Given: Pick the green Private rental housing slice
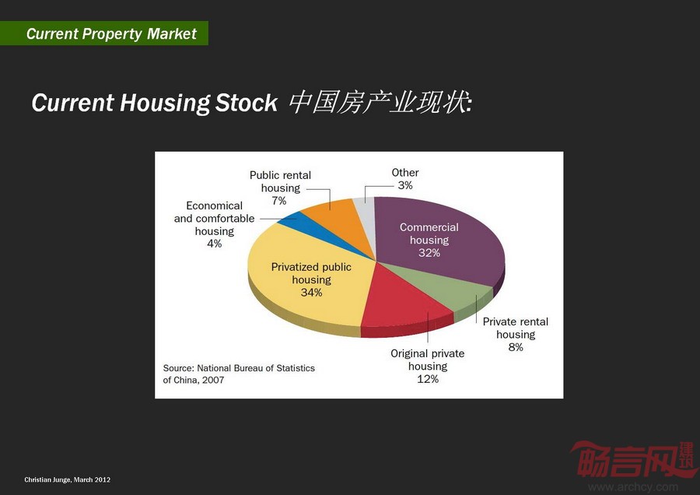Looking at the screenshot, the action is (446, 286).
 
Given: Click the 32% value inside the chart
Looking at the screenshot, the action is (429, 253).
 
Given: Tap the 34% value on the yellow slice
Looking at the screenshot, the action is (311, 293).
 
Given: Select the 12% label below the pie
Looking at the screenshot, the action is (428, 379).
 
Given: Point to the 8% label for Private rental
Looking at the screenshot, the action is (516, 347).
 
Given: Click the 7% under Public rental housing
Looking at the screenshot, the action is (279, 201).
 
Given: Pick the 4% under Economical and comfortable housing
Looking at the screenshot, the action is (215, 244).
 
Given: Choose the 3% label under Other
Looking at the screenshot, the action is (405, 185).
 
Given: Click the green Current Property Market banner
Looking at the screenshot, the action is (104, 33).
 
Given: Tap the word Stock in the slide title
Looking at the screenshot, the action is (246, 103).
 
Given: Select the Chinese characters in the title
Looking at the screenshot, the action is (380, 102).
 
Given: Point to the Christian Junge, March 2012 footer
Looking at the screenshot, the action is (68, 479).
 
